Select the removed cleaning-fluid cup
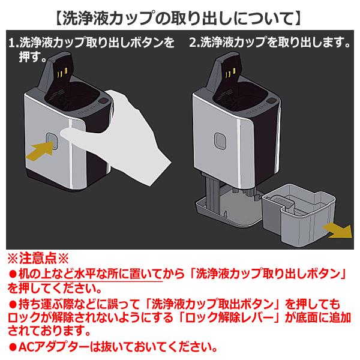298,214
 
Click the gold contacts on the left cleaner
62,73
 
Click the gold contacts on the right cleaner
231,73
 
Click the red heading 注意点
38,259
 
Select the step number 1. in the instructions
14,43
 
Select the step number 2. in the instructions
194,43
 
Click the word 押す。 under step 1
33,58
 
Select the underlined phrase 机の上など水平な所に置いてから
90,274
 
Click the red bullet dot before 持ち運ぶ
13,305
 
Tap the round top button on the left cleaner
104,101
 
